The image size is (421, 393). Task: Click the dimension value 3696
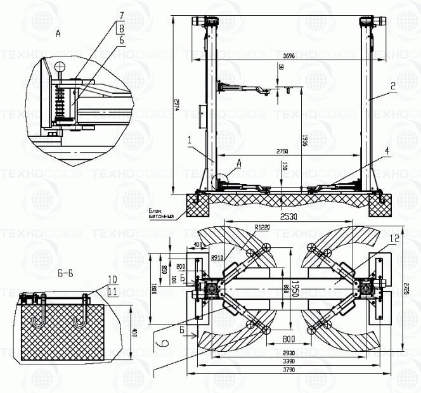point(288,56)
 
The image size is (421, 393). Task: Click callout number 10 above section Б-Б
point(112,279)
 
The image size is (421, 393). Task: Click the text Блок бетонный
point(162,214)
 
